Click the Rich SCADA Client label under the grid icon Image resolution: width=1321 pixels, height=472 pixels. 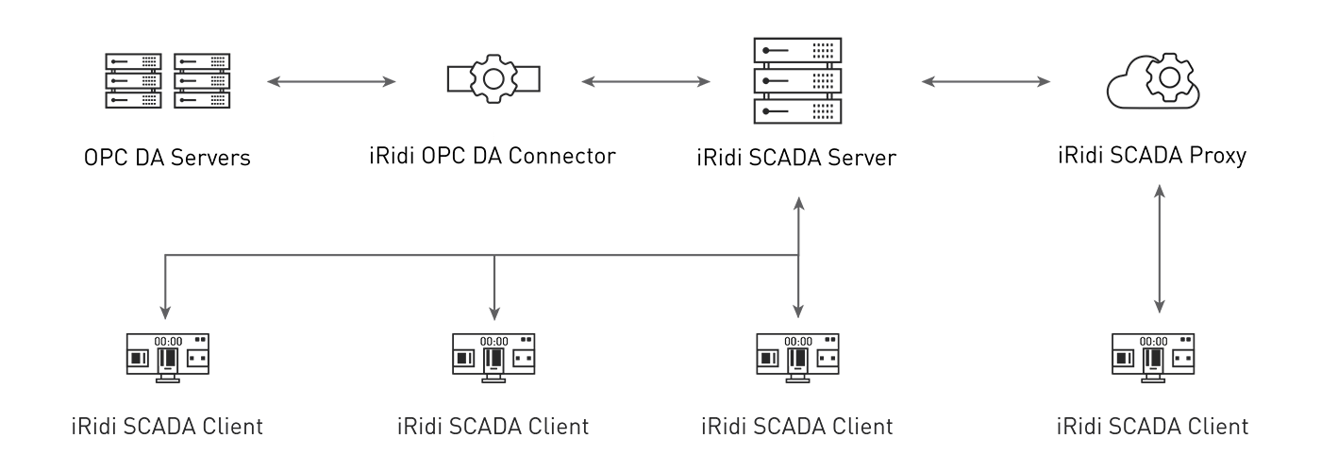pyautogui.click(x=166, y=422)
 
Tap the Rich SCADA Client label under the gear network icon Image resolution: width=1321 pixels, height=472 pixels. pyautogui.click(x=493, y=422)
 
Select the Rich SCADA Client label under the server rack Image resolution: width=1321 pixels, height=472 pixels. pyautogui.click(x=801, y=422)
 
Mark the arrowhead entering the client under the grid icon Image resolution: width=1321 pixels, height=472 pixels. pyautogui.click(x=166, y=309)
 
